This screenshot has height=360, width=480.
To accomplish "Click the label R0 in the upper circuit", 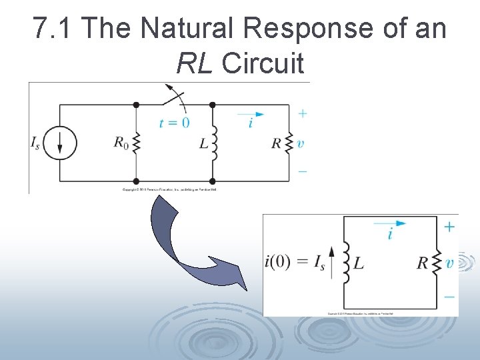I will (x=120, y=142).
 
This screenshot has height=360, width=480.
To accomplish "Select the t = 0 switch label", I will (x=174, y=122).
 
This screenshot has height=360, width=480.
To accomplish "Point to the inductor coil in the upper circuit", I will (x=214, y=142).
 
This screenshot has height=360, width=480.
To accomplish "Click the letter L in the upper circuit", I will (x=203, y=143).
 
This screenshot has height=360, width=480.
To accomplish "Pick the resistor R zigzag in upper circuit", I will (x=289, y=142).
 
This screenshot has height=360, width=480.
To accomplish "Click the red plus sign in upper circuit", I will (x=302, y=113).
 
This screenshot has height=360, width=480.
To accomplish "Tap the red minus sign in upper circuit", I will (x=302, y=171).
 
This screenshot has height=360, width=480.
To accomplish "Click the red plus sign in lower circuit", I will (x=450, y=227).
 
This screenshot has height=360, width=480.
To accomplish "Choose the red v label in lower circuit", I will (x=450, y=263).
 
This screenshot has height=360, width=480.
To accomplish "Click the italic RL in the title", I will (x=195, y=63).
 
